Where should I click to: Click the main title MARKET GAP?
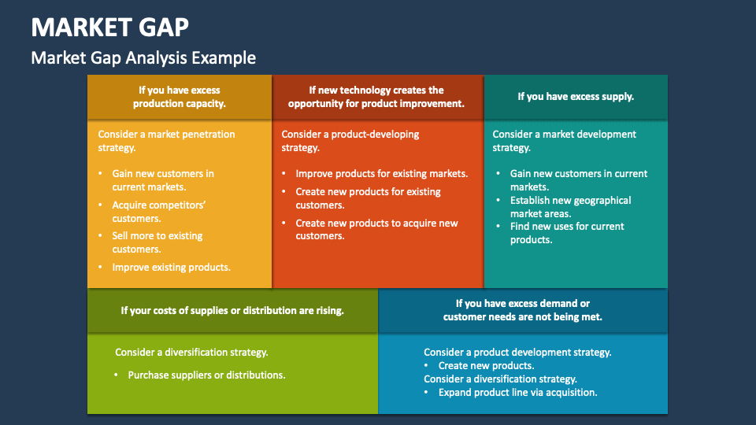pos(109,27)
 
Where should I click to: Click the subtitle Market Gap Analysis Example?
pos(143,57)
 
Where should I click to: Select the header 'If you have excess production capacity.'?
pos(180,97)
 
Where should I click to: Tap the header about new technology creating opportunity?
pos(376,97)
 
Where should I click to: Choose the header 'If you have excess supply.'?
pos(576,97)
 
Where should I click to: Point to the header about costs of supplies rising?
pos(232,310)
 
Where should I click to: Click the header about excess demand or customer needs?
pos(522,310)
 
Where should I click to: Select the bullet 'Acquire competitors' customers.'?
pos(159,212)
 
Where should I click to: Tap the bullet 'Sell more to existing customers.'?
pos(157,242)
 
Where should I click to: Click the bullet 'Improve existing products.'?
pos(171,268)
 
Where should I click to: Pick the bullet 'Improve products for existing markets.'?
pos(381,174)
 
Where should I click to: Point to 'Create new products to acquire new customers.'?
pos(376,229)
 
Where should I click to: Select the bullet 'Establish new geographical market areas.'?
pos(570,207)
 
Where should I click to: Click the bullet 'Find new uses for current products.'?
pos(566,233)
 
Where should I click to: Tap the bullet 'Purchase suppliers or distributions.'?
pos(206,375)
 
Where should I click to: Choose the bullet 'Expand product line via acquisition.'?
pos(517,392)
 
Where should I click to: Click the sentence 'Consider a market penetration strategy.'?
pos(166,141)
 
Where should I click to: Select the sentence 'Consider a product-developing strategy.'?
pos(350,141)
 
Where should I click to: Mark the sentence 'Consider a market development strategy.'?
pos(564,141)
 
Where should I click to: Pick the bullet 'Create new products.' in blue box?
pos(486,366)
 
